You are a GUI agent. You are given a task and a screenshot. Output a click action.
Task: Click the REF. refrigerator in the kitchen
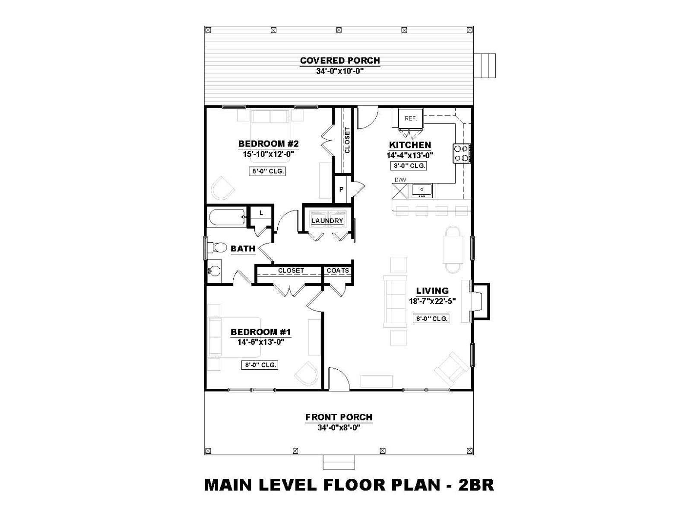click(411, 119)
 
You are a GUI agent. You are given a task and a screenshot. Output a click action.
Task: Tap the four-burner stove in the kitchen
click(462, 154)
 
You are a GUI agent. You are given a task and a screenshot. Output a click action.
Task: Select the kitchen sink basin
click(422, 190)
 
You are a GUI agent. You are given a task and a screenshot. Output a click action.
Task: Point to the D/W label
click(400, 180)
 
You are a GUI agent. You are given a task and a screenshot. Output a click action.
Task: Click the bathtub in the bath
click(227, 218)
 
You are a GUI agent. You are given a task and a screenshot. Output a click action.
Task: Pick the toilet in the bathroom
click(217, 247)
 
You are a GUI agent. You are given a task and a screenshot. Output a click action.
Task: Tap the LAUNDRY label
click(327, 221)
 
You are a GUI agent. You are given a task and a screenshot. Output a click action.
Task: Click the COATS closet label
click(338, 270)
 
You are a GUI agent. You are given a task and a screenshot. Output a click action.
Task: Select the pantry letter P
click(341, 190)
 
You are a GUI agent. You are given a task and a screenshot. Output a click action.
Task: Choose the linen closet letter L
click(261, 213)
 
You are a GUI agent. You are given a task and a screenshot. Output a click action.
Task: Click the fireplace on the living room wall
click(475, 301)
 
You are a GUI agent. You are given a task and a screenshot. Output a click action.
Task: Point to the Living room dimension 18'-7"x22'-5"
click(433, 301)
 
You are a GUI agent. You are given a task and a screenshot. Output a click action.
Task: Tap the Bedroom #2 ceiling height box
click(267, 171)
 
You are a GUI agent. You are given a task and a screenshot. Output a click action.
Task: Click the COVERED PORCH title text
click(340, 60)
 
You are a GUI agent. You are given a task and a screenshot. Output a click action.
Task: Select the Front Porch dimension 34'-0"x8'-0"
click(339, 428)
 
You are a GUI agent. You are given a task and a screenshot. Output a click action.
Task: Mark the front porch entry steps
click(339, 462)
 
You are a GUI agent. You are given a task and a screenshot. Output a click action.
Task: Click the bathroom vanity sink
click(215, 270)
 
